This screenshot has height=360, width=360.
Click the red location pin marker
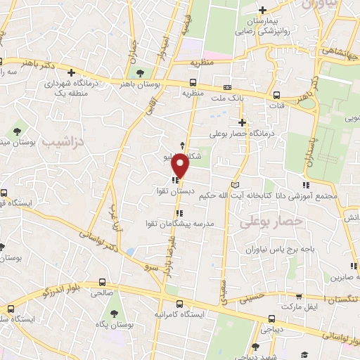click(181, 165)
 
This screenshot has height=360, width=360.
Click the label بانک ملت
click(229, 98)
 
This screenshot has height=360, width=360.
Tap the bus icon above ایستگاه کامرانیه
click(180, 304)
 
